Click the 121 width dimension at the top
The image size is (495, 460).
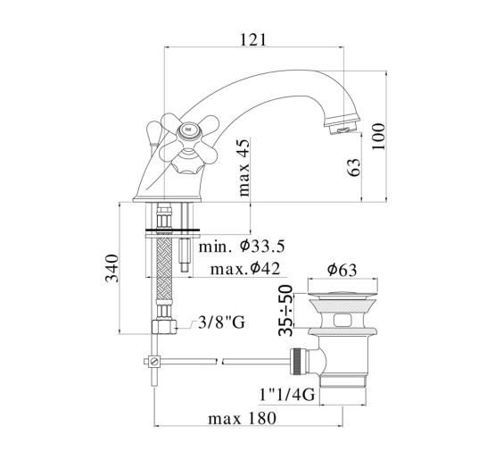(x=253, y=40)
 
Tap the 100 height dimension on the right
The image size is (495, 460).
(x=378, y=137)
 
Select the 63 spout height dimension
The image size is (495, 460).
(x=354, y=167)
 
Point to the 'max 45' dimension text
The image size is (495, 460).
(x=244, y=168)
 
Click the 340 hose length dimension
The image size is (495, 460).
(x=112, y=268)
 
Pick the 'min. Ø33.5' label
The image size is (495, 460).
(x=242, y=246)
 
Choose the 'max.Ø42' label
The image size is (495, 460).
(x=245, y=269)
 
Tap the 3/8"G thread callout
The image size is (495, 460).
(x=221, y=322)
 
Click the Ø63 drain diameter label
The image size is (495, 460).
(x=342, y=270)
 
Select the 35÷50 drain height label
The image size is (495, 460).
(x=285, y=310)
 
